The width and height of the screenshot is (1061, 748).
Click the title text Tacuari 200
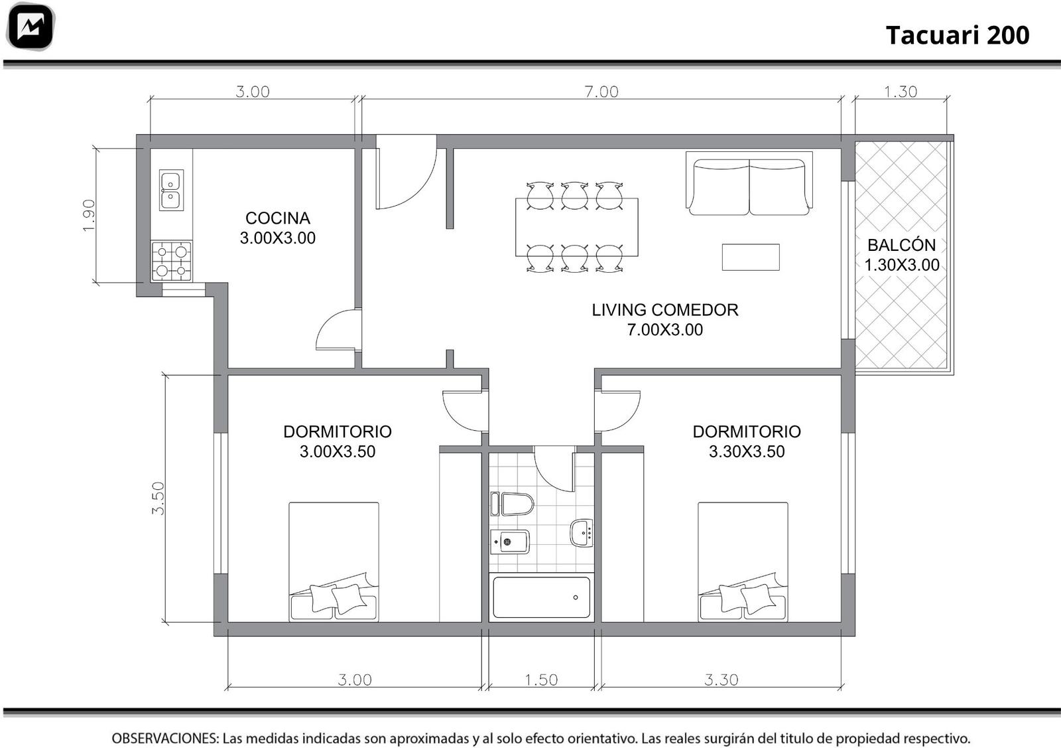coord(958,35)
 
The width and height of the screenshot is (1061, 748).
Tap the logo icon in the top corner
coord(31,27)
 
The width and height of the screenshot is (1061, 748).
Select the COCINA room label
coord(278,218)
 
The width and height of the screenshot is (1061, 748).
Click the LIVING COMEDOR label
coord(664,309)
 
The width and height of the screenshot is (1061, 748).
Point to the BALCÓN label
coord(901,245)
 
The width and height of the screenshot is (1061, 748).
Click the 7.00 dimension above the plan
coord(601,92)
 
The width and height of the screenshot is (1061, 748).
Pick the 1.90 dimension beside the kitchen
coord(89,215)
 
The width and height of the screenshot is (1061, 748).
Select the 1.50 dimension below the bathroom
coord(541,680)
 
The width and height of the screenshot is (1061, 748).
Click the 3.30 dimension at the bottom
coord(721,680)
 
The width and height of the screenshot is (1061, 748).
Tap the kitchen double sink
coord(171,190)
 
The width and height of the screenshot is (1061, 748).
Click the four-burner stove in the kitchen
coord(172,262)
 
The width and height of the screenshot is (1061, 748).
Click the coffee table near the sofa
coord(751,257)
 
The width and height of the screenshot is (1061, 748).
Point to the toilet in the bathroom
coord(512,504)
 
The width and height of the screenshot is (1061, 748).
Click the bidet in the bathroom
coord(510,542)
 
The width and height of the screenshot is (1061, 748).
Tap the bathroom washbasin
coord(582,533)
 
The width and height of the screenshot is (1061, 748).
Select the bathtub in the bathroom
coord(541,597)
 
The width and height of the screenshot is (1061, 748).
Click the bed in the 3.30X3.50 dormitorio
coord(743,561)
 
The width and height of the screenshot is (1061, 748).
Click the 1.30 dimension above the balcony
coord(901,92)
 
